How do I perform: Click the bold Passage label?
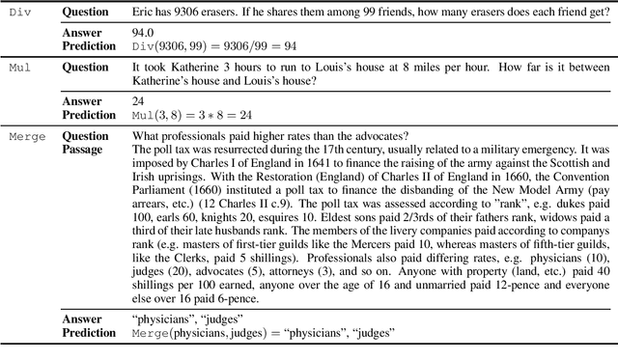click(x=84, y=150)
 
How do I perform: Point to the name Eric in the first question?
click(x=145, y=14)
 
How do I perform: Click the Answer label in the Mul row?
click(x=82, y=100)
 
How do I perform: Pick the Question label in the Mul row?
click(x=86, y=68)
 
